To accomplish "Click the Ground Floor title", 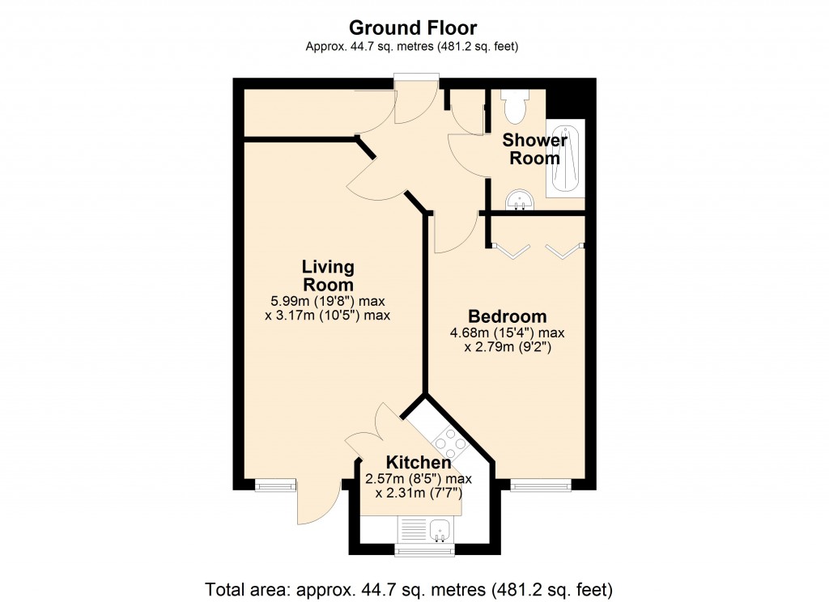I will click(x=412, y=28).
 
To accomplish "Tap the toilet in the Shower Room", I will click(x=514, y=103).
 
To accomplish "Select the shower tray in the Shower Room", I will click(x=563, y=158).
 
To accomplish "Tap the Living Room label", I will click(x=328, y=275).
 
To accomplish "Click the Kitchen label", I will click(x=418, y=463).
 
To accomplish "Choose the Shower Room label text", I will click(x=534, y=149).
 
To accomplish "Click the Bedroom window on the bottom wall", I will click(x=540, y=485).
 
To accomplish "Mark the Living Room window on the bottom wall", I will click(x=276, y=485).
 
